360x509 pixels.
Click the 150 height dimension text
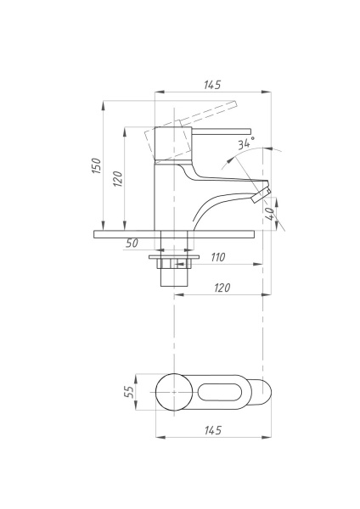(97, 166)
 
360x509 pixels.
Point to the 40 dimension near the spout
(270, 214)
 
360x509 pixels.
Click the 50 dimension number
(132, 243)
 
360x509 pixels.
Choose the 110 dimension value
(217, 256)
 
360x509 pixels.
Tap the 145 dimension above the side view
(212, 85)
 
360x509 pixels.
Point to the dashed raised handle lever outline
(212, 109)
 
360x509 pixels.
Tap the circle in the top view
(175, 393)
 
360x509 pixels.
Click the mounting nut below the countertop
(174, 263)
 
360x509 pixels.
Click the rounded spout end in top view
(267, 393)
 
